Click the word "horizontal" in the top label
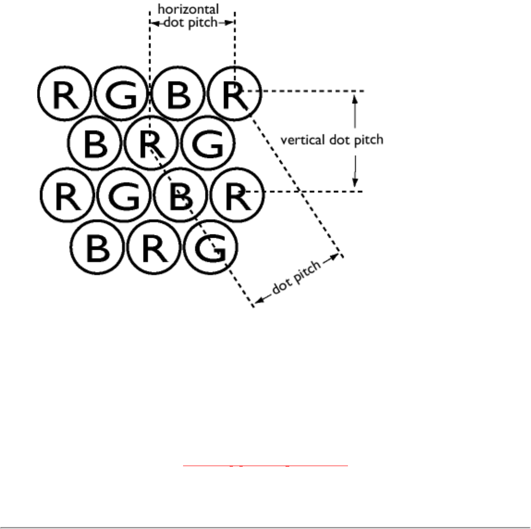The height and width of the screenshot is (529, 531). pos(188,9)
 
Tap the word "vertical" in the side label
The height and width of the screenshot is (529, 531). pos(303,140)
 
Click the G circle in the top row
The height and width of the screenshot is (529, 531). pos(121,94)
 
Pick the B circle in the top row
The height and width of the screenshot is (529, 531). pos(178,94)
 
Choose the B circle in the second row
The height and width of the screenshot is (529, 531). pos(95,143)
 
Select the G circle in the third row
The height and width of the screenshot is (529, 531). pos(124,196)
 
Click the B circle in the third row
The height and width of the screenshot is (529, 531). pos(181,196)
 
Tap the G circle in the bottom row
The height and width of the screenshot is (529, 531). pos(211,247)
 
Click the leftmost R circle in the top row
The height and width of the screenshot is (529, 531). pos(64,94)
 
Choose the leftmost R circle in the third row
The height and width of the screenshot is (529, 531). pos(67,196)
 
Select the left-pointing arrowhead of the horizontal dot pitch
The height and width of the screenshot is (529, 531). pos(154,22)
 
